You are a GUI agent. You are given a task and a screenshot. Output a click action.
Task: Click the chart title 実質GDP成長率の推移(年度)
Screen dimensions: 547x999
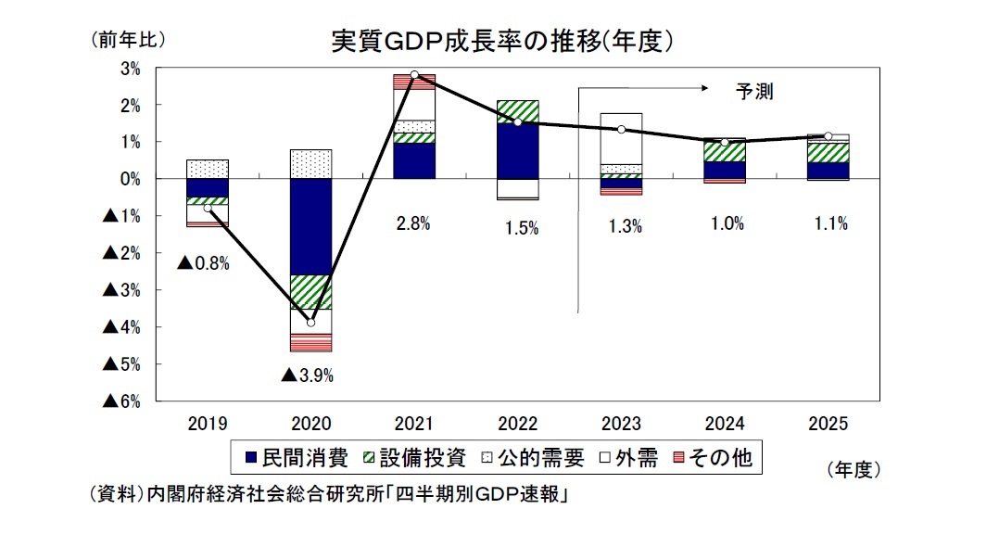[501, 41]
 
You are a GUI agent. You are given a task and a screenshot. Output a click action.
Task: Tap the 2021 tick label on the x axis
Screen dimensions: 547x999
[414, 424]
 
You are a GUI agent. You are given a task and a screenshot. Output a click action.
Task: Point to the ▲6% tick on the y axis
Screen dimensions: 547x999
[121, 401]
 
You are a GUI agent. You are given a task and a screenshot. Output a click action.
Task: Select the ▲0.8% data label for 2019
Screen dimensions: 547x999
[203, 262]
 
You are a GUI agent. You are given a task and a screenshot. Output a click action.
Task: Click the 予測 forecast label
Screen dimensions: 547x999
[753, 91]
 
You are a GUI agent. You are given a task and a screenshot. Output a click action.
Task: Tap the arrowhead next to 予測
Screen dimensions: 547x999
[704, 89]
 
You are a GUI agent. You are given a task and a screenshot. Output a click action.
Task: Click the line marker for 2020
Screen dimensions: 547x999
[310, 323]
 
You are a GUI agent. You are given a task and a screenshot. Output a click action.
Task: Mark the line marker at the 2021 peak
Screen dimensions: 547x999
[414, 74]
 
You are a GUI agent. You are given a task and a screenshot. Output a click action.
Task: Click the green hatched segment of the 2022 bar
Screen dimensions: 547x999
[518, 111]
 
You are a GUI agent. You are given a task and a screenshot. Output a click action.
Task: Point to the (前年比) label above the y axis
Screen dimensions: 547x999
[127, 40]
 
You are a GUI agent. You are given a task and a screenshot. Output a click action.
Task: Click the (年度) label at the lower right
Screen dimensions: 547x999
[850, 470]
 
